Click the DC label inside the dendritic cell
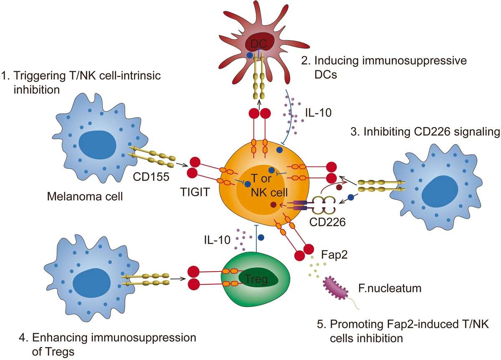(x=259, y=43)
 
